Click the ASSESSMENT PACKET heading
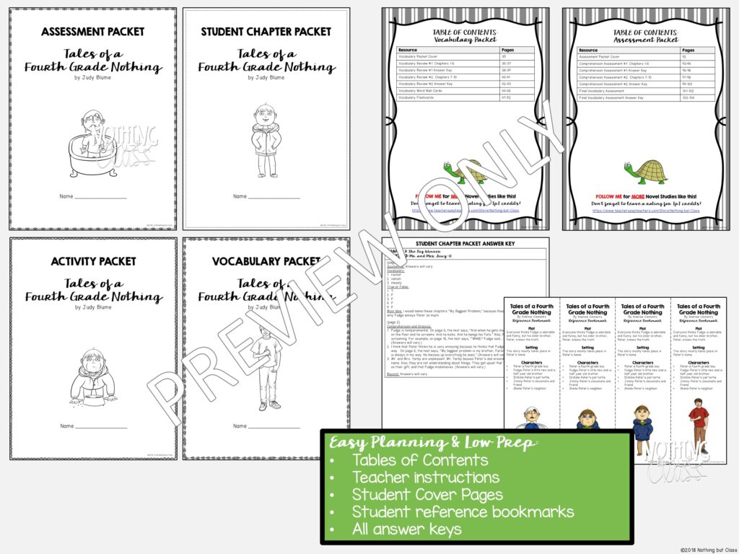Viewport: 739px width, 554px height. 92,32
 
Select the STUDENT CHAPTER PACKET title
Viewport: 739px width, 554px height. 266,32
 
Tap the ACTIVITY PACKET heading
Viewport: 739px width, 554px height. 93,261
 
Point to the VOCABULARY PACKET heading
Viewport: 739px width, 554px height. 266,261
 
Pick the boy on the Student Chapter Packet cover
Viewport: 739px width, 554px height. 266,140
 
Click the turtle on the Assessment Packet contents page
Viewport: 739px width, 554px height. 646,172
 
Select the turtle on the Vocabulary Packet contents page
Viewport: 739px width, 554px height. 465,172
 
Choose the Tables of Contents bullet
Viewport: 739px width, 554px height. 420,460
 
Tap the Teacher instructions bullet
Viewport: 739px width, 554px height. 425,478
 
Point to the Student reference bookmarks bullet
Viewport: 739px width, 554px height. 463,512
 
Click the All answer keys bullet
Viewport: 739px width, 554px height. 406,529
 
